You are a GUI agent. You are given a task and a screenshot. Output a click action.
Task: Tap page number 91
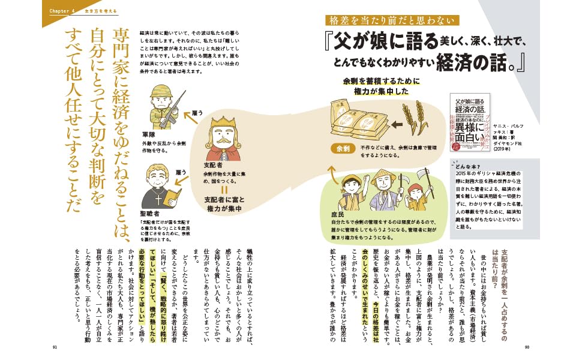coord(55,347)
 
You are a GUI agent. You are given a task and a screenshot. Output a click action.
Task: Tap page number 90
coord(527,347)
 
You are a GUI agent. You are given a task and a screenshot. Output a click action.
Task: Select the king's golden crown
coord(220,121)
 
